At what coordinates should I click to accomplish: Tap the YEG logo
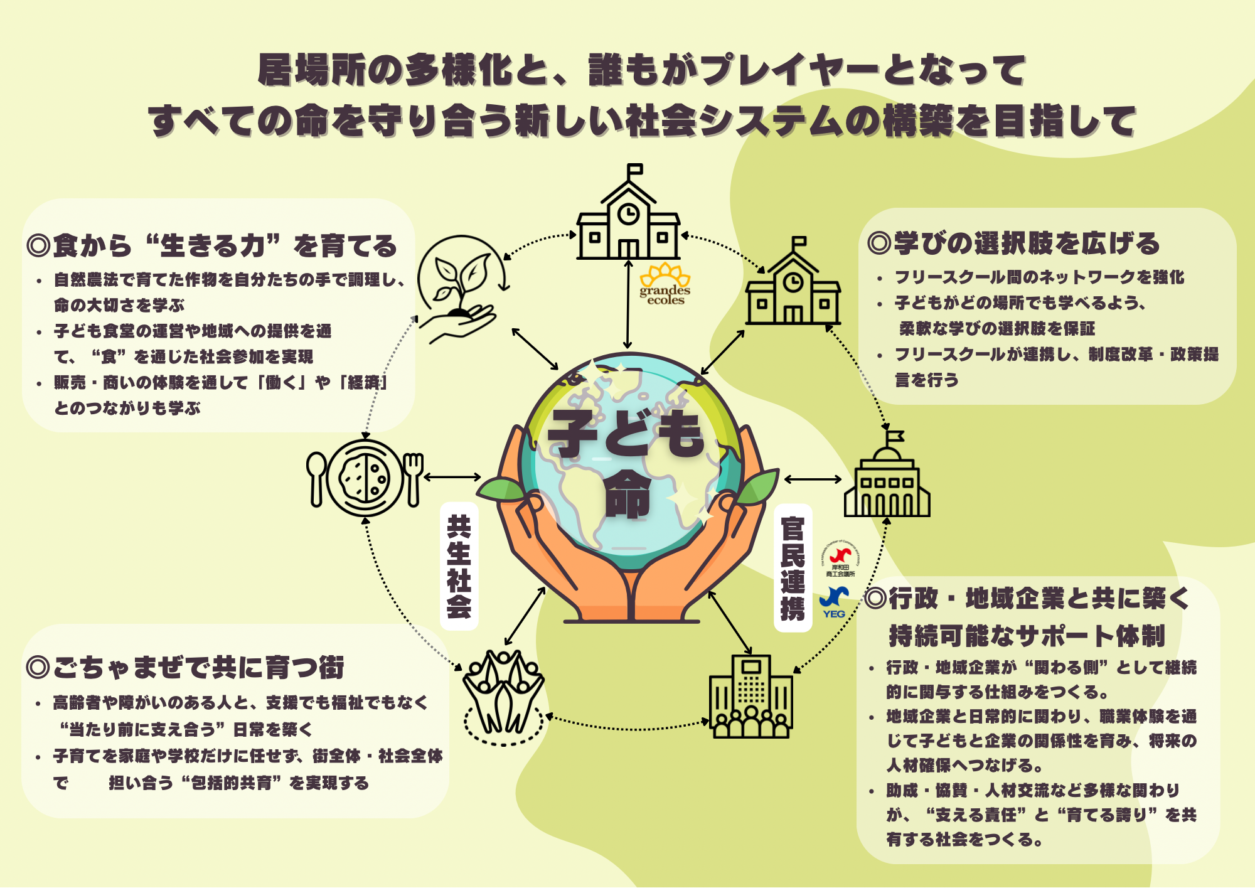(835, 602)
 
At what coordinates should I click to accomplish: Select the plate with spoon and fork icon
(365, 478)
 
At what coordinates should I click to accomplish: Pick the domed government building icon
(887, 474)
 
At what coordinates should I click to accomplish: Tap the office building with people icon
(750, 696)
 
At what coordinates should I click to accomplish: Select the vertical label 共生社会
(459, 566)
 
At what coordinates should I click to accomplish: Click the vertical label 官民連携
(793, 569)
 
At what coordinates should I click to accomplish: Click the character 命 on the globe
(627, 495)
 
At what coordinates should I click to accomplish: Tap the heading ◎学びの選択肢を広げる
(1013, 243)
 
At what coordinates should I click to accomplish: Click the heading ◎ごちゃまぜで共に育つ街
(185, 667)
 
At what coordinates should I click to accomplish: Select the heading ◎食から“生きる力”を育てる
(211, 245)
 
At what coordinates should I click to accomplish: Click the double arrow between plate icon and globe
(452, 478)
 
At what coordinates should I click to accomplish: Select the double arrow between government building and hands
(813, 479)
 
